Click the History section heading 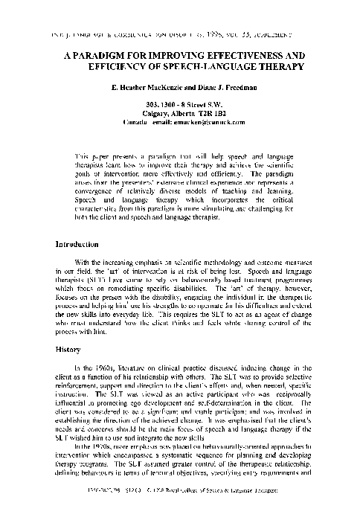click(x=68, y=347)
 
